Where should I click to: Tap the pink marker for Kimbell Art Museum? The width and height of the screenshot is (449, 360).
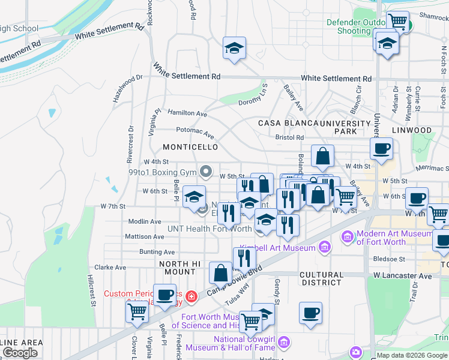325,247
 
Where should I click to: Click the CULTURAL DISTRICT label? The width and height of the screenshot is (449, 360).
322,279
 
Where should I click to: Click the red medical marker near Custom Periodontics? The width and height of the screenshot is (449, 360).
191,296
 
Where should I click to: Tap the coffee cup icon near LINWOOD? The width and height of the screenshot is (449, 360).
381,149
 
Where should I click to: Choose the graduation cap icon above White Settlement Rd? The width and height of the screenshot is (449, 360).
235,48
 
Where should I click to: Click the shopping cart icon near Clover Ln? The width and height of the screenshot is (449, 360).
137,311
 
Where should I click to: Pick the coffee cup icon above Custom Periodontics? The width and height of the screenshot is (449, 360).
165,294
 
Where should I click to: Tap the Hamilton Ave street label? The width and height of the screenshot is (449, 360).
187,113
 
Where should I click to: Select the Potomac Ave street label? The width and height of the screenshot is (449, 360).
194,131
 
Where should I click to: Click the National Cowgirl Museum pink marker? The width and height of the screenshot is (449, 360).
285,342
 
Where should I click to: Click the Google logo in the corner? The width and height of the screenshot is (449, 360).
20,352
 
